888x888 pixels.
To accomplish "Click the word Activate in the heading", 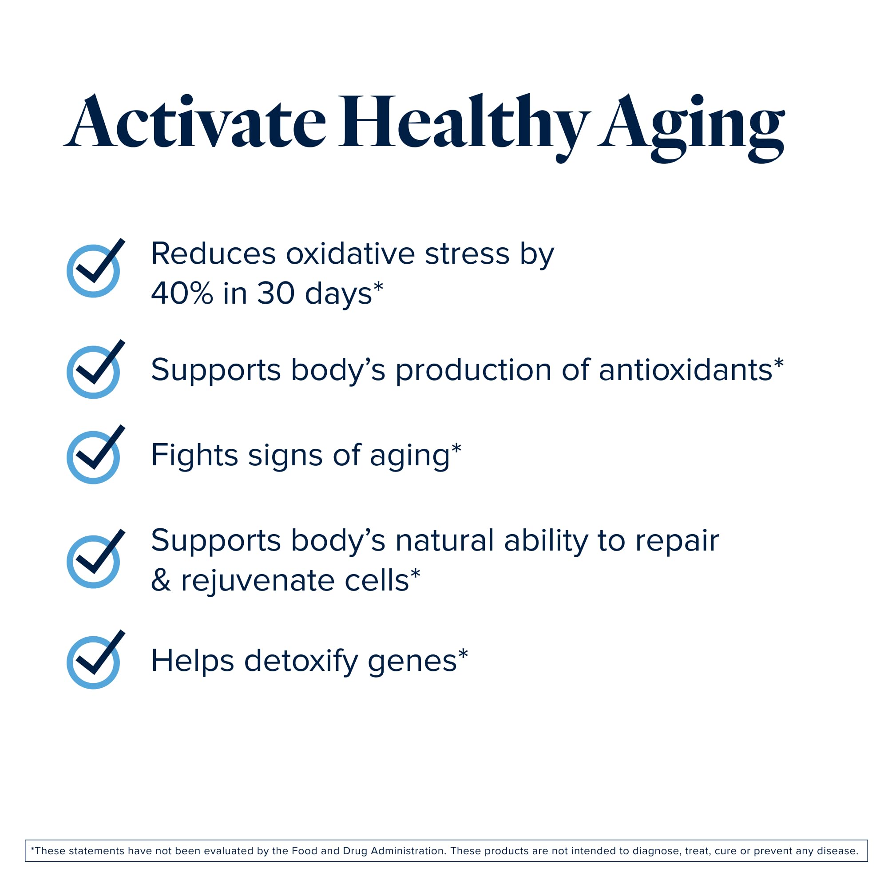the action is (194, 122).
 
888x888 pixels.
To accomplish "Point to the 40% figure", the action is (182, 293).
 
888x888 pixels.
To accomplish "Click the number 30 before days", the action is (276, 293).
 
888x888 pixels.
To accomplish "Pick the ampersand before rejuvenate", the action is (161, 580).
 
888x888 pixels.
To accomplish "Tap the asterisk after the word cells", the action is (415, 573).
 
